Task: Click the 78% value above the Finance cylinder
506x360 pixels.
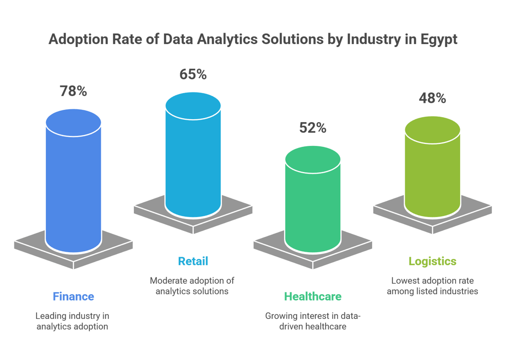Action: coord(73,91)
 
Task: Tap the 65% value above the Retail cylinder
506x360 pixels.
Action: coord(193,75)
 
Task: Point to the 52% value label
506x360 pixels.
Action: coord(312,128)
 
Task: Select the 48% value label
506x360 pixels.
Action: coord(432,98)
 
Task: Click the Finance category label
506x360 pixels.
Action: coord(73,297)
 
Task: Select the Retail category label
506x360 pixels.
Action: coord(193,261)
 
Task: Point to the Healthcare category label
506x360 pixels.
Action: coord(312,297)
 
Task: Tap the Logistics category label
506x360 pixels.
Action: coord(432,261)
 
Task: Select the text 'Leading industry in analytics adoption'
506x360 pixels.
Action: coord(73,321)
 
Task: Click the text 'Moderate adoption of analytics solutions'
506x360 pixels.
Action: coord(193,286)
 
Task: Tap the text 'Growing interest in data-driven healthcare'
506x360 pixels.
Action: coord(312,321)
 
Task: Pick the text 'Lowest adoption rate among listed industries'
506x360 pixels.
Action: coord(432,286)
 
